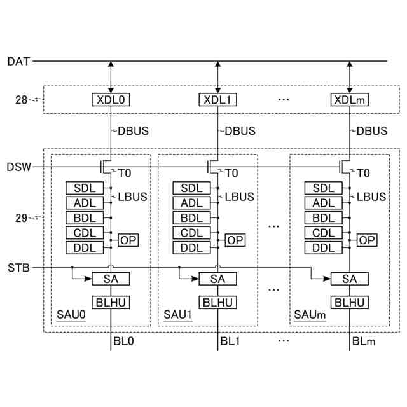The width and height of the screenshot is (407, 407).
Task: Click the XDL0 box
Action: (x=111, y=100)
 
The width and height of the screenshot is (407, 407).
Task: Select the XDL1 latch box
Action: (x=218, y=100)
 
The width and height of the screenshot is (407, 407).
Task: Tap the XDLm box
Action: (x=350, y=100)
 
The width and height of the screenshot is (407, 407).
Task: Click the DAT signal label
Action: (x=17, y=62)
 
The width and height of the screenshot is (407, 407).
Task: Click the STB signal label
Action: (x=18, y=267)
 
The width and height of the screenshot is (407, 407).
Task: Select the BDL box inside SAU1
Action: (x=191, y=218)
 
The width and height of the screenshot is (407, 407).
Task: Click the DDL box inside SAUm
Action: (x=324, y=248)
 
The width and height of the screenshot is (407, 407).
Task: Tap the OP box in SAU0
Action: (x=128, y=240)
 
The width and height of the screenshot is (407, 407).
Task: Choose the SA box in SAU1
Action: (x=217, y=279)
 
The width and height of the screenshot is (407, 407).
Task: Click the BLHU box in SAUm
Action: (x=349, y=302)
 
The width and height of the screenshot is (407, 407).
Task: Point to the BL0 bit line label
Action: (x=124, y=341)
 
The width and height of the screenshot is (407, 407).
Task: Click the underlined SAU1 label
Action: (x=176, y=315)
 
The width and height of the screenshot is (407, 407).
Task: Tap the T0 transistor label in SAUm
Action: (x=363, y=173)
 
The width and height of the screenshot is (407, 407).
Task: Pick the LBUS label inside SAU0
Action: (x=132, y=197)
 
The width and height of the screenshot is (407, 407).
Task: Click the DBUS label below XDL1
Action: (x=240, y=131)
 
